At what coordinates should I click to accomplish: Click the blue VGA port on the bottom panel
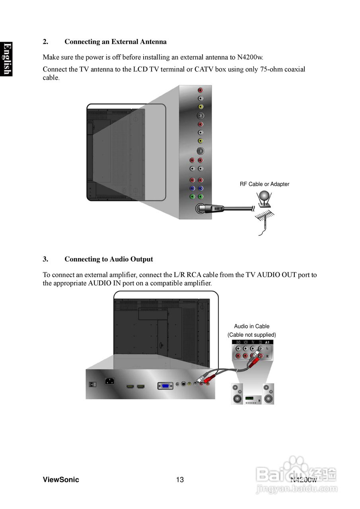coord(165,385)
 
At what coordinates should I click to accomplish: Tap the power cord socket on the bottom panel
coord(110,381)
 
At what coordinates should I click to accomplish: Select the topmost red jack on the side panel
coord(200,90)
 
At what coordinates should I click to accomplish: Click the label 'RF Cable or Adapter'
coord(265,184)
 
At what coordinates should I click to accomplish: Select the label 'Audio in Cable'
coord(251,326)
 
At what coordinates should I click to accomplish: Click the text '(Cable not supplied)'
coord(251,335)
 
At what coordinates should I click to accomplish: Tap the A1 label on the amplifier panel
coord(267,342)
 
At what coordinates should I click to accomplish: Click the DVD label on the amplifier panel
coord(238,342)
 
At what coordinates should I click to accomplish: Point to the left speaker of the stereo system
coord(237,394)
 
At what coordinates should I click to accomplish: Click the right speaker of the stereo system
coord(268,394)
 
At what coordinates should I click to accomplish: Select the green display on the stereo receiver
coord(249,398)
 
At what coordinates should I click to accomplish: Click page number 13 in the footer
coord(180,480)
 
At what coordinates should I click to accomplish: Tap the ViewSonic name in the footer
coord(61,480)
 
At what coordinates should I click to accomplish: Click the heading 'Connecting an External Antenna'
coord(115,42)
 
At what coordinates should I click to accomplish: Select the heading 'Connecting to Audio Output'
coord(109,259)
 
